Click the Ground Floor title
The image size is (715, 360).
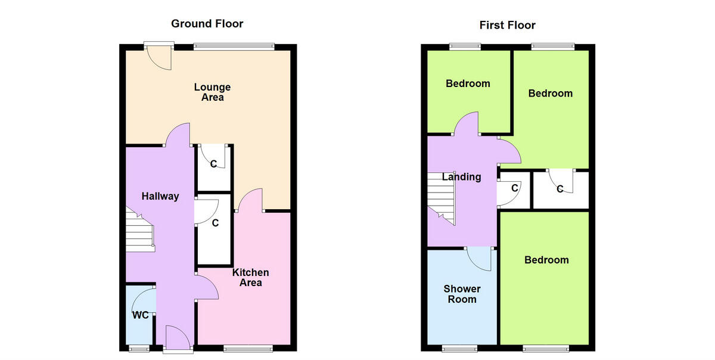[x=207, y=24]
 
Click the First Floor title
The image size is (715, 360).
[x=507, y=25]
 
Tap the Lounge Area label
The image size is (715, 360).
[x=212, y=92]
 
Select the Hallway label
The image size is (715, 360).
[x=160, y=196]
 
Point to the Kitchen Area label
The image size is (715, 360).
[x=250, y=277]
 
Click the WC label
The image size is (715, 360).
[x=140, y=315]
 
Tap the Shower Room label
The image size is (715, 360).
[x=462, y=294]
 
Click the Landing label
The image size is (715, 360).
[x=461, y=176]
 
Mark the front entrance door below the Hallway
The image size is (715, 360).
[x=178, y=337]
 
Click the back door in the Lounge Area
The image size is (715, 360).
[x=159, y=57]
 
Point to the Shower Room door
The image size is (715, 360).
[x=480, y=258]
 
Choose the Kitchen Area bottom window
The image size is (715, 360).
[x=250, y=347]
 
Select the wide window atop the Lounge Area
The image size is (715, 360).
[x=234, y=45]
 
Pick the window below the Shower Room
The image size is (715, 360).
[x=460, y=347]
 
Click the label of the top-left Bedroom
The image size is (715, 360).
[x=468, y=83]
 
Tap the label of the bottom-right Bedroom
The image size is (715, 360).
[x=546, y=260]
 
